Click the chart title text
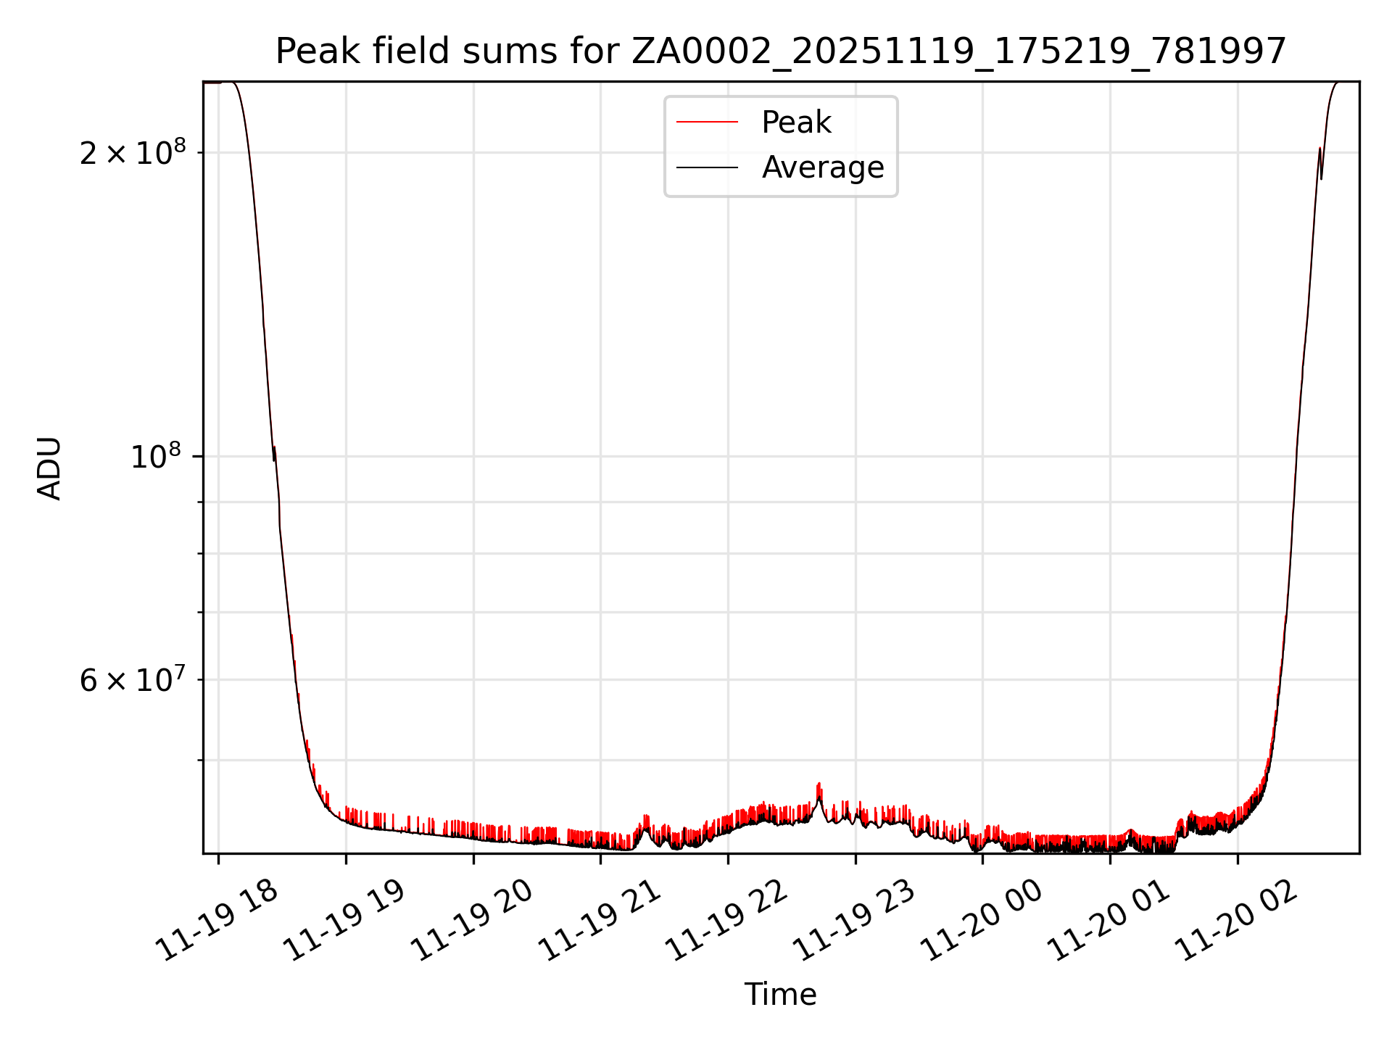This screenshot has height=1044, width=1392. [780, 51]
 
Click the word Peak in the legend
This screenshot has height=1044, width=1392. [796, 123]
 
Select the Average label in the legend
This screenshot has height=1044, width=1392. [822, 167]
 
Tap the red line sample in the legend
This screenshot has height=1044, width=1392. [707, 123]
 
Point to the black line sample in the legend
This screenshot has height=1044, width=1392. [707, 167]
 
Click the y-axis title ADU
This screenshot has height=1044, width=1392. [49, 468]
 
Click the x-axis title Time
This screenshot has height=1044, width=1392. [780, 995]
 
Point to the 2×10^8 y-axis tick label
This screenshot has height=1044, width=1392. [133, 153]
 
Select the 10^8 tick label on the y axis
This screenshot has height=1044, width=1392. [154, 457]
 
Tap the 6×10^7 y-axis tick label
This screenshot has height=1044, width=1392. [133, 680]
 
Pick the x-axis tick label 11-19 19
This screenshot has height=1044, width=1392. [345, 921]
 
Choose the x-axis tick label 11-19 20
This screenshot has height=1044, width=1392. [473, 921]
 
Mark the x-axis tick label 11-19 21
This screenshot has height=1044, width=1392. [601, 921]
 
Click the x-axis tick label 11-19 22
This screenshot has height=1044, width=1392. [728, 921]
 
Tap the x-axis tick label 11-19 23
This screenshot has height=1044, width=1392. [855, 921]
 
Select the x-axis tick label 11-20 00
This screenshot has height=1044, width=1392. [983, 921]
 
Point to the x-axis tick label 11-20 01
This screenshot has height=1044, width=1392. [1111, 921]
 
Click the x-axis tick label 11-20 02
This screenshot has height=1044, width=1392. [1238, 921]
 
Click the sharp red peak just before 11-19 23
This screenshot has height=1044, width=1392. [819, 784]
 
